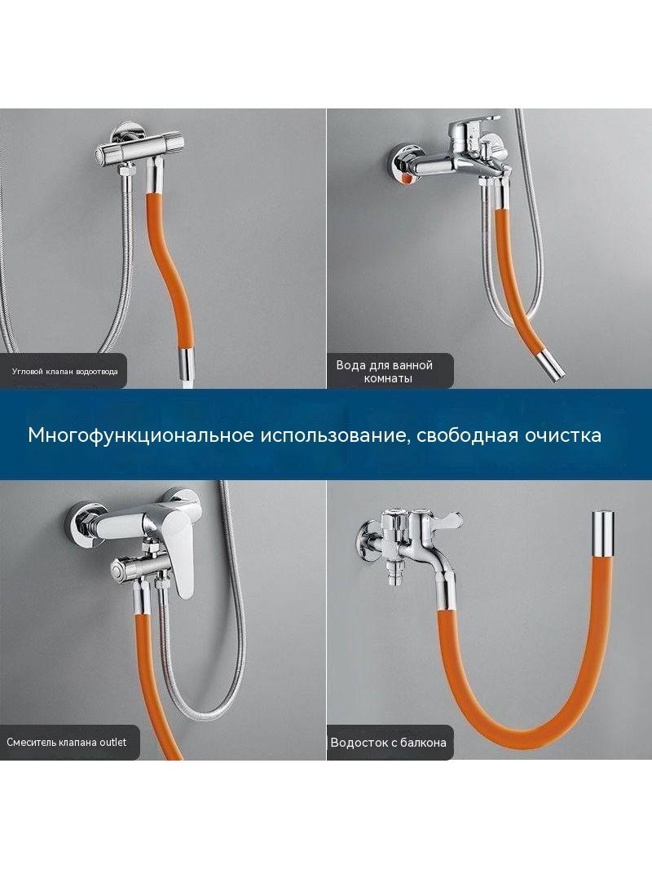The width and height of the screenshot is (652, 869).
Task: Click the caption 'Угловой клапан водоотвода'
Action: pos(65,371)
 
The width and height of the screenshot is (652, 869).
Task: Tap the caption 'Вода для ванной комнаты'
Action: pos(384,372)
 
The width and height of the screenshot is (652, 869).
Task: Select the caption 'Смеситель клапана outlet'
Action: pos(67,742)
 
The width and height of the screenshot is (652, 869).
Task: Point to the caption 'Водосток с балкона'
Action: pos(388,743)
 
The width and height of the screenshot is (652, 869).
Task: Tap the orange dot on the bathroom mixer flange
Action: pos(407,179)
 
